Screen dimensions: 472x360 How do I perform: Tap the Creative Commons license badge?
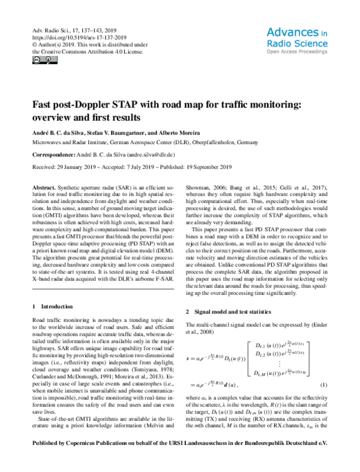click(39, 61)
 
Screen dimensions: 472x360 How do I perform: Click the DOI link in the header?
click(73, 35)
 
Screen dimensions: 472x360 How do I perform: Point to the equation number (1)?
click(324, 401)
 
